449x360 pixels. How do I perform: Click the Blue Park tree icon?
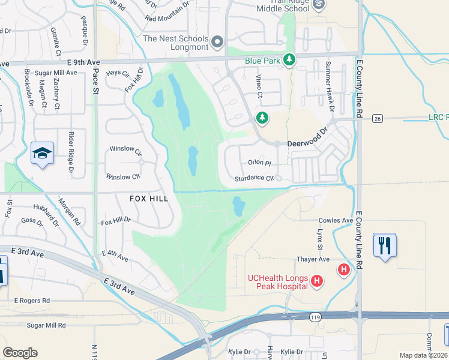[x=290, y=59]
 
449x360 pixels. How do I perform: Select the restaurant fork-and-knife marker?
[x=385, y=245]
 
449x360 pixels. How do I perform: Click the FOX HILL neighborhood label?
[x=148, y=197]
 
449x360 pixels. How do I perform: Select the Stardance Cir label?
[x=254, y=178]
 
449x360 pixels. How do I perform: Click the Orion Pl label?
[x=259, y=163]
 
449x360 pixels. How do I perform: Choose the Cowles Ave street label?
[x=336, y=221]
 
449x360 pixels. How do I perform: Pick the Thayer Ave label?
[x=313, y=259]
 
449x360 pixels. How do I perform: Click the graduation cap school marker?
[x=43, y=154]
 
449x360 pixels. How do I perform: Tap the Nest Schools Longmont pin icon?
[x=217, y=42]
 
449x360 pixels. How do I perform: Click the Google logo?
[x=20, y=353]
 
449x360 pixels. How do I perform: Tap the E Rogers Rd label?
[x=32, y=300]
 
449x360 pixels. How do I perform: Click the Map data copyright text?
[x=423, y=355]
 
